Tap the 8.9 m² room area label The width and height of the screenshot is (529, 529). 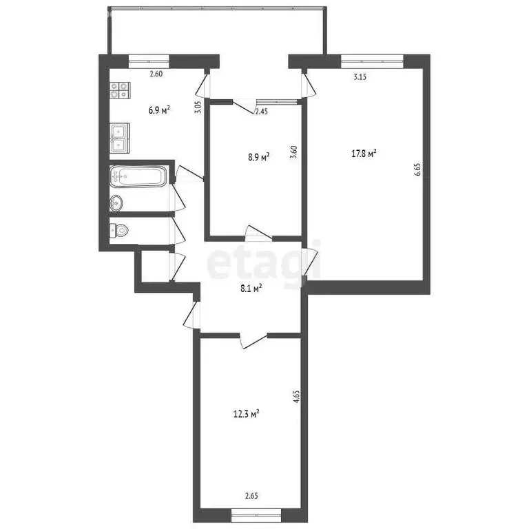pos(258,157)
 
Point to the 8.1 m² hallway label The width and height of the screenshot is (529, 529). pos(250,290)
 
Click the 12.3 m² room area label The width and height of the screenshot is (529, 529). pos(246,414)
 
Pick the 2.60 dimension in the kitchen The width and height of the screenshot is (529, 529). pos(156,74)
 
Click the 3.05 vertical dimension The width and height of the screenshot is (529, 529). pos(198,107)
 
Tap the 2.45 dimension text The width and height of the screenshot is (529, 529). pos(262,110)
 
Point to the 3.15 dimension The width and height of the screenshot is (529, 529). pos(360,77)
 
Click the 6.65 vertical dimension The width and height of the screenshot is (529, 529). pos(417,169)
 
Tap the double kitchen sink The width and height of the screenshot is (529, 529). pos(118,136)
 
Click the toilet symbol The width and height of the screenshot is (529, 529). pos(118,231)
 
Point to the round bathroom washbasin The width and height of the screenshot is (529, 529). pos(117,203)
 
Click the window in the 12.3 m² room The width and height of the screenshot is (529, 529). pos(256,511)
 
